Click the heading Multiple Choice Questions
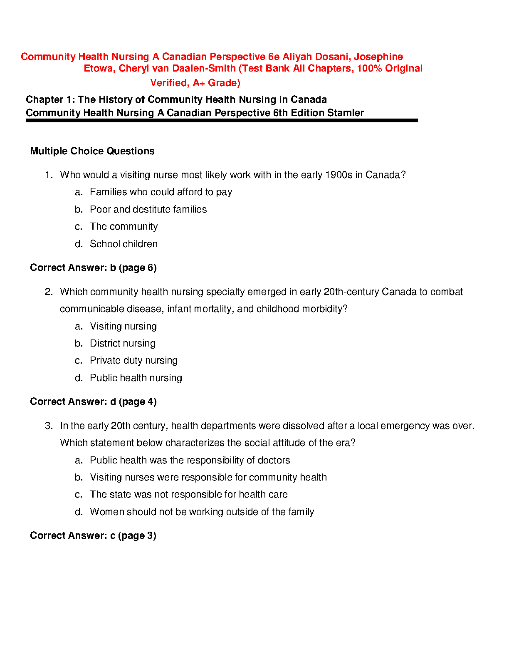pyautogui.click(x=92, y=151)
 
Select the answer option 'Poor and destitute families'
pyautogui.click(x=148, y=209)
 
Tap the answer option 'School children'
pyautogui.click(x=124, y=244)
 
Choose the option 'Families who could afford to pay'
pyautogui.click(x=161, y=192)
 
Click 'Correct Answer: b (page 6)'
pyautogui.click(x=93, y=268)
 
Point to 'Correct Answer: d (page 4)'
pyautogui.click(x=93, y=401)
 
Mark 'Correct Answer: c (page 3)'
pyautogui.click(x=93, y=535)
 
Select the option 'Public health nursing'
pyautogui.click(x=136, y=378)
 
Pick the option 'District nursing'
pyautogui.click(x=122, y=343)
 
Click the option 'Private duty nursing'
pyautogui.click(x=133, y=360)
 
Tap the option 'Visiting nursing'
pyautogui.click(x=123, y=326)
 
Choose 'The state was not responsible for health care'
pyautogui.click(x=188, y=494)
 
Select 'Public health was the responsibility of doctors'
pyautogui.click(x=190, y=460)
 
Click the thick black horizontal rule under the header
pyautogui.click(x=222, y=120)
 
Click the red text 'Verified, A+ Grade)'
pyautogui.click(x=195, y=83)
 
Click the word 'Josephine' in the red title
pyautogui.click(x=378, y=57)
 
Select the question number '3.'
pyautogui.click(x=49, y=426)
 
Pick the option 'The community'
pyautogui.click(x=124, y=226)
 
